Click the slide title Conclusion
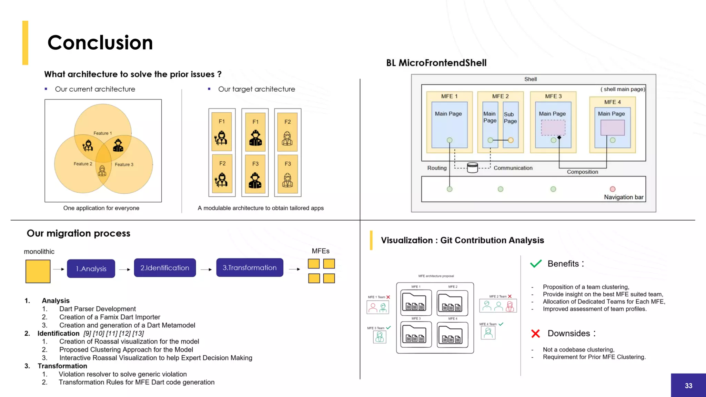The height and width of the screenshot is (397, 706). (x=100, y=43)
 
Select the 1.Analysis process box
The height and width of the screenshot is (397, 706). (x=91, y=269)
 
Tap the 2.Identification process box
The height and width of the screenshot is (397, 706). (x=165, y=268)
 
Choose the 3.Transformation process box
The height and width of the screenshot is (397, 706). (x=250, y=268)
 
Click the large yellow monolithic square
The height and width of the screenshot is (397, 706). (x=38, y=272)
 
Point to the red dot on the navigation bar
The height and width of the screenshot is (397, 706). (x=613, y=189)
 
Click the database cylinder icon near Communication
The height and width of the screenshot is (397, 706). (x=472, y=168)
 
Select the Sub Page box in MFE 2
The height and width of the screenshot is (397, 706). (x=511, y=124)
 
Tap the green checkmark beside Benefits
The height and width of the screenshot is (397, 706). (x=536, y=264)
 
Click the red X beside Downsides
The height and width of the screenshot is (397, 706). (x=535, y=333)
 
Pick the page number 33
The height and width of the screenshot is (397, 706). (x=688, y=386)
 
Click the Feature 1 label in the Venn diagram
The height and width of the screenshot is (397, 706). (x=103, y=133)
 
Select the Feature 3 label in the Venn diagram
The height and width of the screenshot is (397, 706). (x=124, y=165)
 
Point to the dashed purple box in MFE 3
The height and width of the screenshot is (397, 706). (x=553, y=128)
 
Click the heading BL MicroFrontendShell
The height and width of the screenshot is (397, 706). (x=436, y=63)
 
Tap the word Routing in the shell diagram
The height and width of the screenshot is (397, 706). (x=437, y=168)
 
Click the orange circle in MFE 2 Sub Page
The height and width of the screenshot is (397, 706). (x=511, y=140)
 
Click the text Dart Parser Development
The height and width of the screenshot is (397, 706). (x=98, y=309)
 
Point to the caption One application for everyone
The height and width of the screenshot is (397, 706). (x=101, y=208)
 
